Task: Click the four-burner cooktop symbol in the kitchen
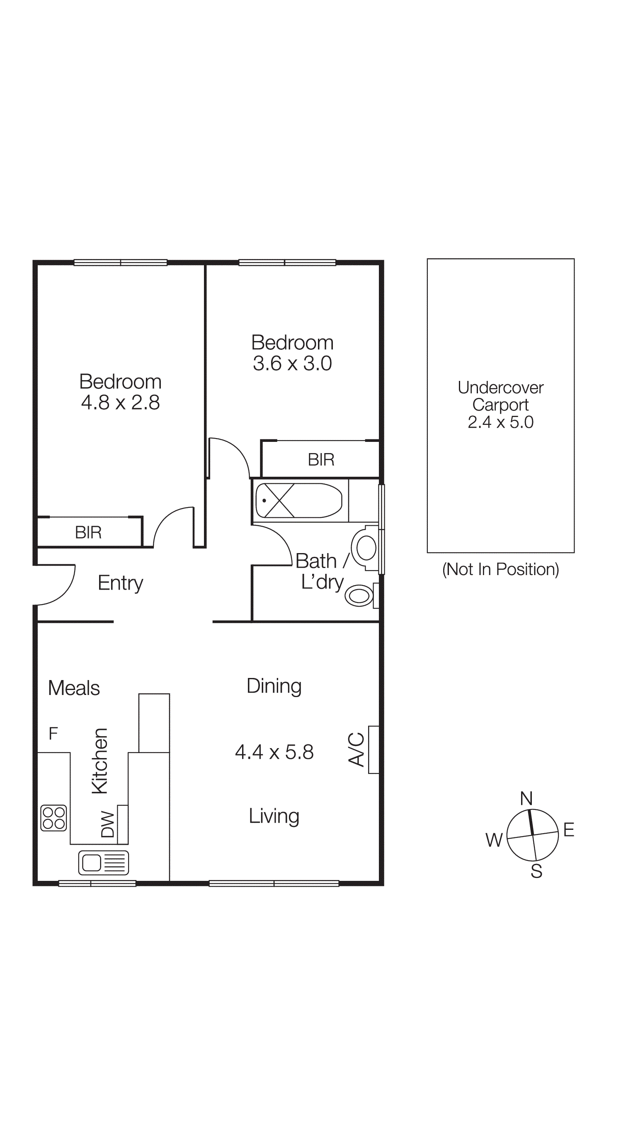click(54, 818)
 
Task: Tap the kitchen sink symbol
click(104, 863)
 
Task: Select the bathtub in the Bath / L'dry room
click(299, 500)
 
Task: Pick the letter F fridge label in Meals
click(53, 733)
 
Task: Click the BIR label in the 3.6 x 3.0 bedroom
click(321, 460)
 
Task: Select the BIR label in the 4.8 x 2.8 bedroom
click(88, 532)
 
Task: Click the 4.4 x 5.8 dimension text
click(274, 752)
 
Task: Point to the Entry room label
click(121, 583)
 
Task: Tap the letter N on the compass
click(526, 798)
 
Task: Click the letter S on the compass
click(536, 871)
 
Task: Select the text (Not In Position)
click(500, 569)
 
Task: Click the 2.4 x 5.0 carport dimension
click(500, 422)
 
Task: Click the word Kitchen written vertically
click(99, 761)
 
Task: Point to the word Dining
click(274, 686)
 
